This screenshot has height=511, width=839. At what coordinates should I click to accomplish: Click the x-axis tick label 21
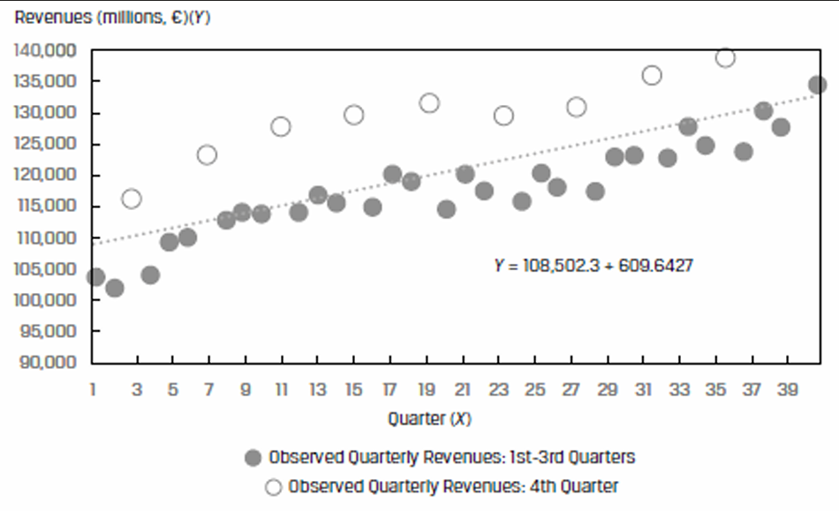coord(464,390)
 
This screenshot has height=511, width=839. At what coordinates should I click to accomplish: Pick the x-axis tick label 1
coord(92,390)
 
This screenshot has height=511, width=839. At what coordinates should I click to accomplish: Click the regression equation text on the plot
coord(593,265)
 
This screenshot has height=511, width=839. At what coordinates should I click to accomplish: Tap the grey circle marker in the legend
coord(253,457)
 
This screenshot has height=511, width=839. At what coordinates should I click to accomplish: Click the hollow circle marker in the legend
coord(272,485)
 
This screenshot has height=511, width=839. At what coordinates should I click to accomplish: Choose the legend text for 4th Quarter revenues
coord(453,485)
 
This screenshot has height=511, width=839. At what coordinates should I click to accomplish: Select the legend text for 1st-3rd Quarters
coord(451,457)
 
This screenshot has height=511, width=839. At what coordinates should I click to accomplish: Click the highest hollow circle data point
coord(725,58)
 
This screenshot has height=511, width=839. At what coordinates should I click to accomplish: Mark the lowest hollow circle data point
coord(132,199)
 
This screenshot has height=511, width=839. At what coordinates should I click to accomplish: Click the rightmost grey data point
coord(817,85)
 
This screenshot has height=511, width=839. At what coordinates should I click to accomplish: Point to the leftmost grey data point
coord(95,277)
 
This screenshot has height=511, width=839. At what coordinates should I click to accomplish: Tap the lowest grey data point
coord(115,288)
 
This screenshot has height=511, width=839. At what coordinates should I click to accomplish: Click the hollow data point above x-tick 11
coord(281,126)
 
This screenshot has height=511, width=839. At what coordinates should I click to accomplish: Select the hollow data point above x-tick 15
coord(354,115)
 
